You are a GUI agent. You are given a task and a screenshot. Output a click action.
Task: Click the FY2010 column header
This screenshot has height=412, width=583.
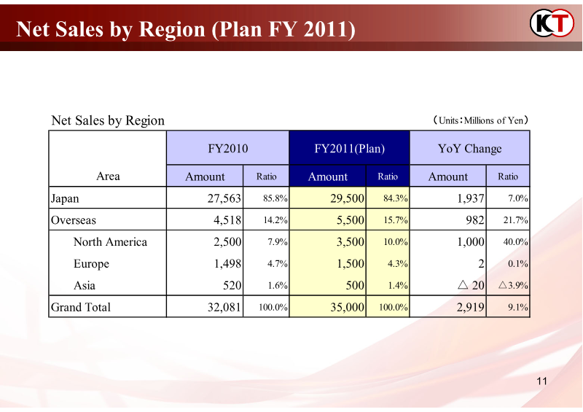point(228,149)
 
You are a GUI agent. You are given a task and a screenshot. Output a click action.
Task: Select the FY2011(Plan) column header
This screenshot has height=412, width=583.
point(350,149)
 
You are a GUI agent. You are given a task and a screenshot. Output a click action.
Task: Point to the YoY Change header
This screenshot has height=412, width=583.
point(470,149)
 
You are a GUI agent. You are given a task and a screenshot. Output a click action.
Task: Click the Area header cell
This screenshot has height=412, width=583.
point(108,176)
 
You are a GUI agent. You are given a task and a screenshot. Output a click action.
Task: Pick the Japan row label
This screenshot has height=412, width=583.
point(65,198)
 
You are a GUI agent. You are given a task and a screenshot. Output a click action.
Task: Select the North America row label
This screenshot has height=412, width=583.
point(110,241)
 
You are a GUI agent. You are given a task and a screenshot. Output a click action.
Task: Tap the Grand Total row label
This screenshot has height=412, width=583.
point(80,307)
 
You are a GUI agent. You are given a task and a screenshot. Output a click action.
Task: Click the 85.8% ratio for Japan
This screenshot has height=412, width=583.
point(275,198)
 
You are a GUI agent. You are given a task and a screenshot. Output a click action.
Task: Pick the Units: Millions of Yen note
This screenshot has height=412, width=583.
point(480,120)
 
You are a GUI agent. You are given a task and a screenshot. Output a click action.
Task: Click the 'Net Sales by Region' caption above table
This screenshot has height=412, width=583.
point(108,120)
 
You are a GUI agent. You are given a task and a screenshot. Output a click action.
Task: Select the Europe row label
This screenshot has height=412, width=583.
point(91,263)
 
